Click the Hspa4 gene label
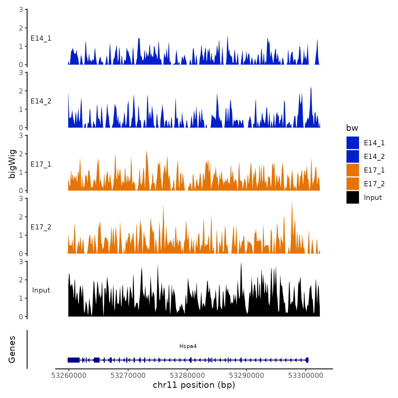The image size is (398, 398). (x=188, y=346)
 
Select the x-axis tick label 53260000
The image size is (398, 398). (x=69, y=375)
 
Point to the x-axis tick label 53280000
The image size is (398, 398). (x=187, y=375)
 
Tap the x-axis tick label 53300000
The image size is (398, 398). (x=306, y=375)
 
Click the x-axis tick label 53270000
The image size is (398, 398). (x=128, y=375)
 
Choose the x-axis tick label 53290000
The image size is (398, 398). (x=246, y=375)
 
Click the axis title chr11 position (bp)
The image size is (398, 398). (x=194, y=385)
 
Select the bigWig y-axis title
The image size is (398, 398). (x=12, y=164)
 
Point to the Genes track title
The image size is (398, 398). (x=12, y=349)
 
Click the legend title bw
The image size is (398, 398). (x=352, y=128)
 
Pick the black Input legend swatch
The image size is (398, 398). (x=353, y=197)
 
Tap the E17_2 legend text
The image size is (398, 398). (x=374, y=184)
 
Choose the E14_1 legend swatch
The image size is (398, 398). (x=353, y=143)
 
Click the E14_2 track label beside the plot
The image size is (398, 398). (x=41, y=101)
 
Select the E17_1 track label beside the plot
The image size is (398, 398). (x=41, y=164)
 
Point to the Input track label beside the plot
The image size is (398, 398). (x=41, y=290)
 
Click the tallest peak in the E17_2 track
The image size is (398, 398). (x=292, y=202)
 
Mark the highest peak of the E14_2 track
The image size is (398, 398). (x=311, y=88)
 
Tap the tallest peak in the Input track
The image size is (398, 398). (x=241, y=264)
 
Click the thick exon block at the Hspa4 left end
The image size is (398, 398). (x=74, y=360)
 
